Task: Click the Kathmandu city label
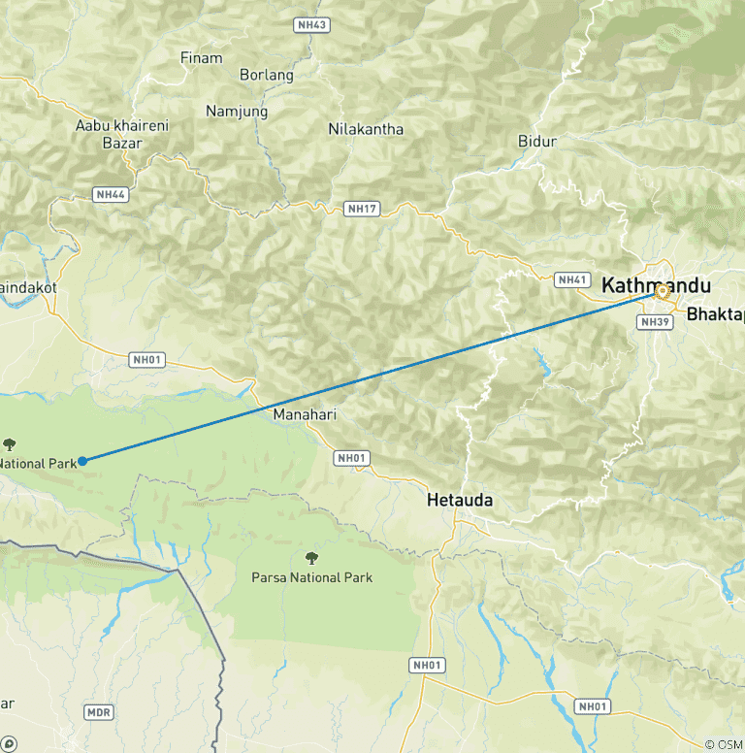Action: pos(656,286)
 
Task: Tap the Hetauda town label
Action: pos(460,502)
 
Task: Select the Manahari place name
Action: pos(304,414)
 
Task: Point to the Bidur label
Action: pos(537,142)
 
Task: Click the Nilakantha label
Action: pos(366,129)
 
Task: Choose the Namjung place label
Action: pos(237,112)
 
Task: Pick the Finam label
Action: pos(201,58)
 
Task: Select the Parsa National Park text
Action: pos(311,577)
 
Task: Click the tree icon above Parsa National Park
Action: pos(311,558)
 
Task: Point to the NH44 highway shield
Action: pos(111,195)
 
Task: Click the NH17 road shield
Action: pos(361,208)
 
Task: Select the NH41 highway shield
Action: pos(571,279)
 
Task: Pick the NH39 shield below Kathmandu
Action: pos(656,322)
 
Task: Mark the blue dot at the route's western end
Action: pos(82,461)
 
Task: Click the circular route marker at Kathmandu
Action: pos(663,290)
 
